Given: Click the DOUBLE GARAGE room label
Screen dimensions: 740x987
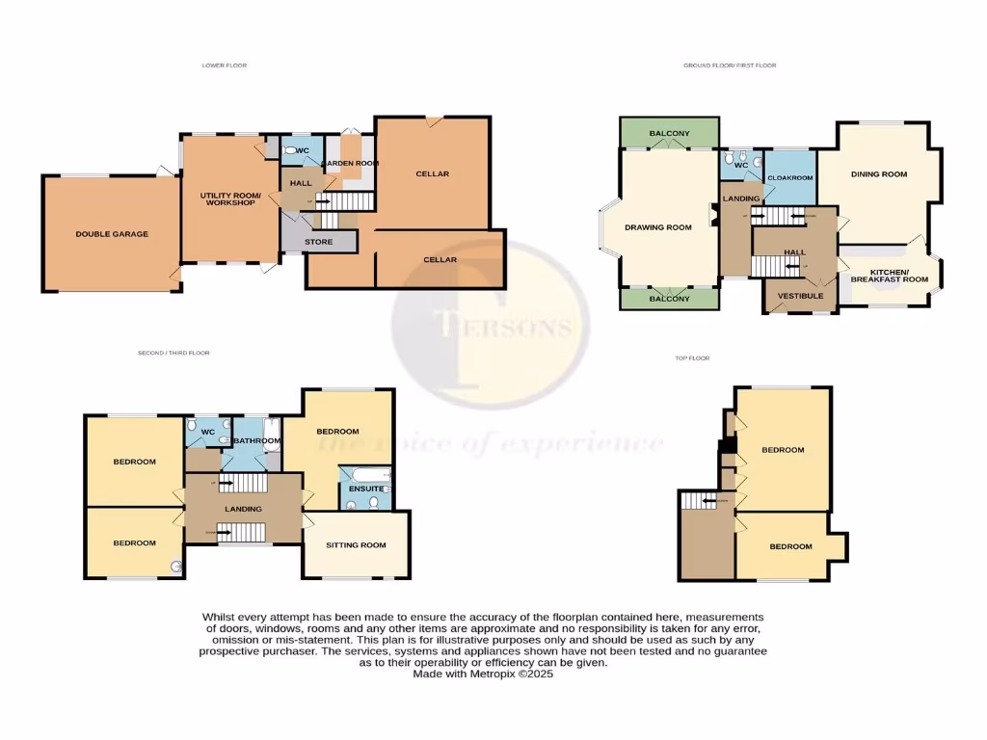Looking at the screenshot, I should click(x=112, y=234).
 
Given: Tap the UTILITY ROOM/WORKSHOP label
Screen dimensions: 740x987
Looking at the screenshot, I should click(x=227, y=199).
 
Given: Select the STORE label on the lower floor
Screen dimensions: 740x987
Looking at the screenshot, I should click(x=318, y=242).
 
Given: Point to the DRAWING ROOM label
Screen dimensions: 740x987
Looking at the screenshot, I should click(x=658, y=227).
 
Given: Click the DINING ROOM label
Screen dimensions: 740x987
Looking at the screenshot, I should click(x=879, y=174).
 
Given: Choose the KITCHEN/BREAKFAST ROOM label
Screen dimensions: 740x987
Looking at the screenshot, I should click(x=899, y=276).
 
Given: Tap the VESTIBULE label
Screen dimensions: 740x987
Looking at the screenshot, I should click(x=800, y=296).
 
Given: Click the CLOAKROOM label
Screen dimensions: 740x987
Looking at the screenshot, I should click(x=789, y=178).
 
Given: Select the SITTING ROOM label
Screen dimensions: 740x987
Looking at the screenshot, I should click(x=356, y=545).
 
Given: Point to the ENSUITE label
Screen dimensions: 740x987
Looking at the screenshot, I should click(x=365, y=489).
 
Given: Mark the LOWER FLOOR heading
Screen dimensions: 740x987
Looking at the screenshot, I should click(x=225, y=66).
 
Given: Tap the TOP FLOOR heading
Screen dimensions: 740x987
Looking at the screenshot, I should click(x=692, y=358).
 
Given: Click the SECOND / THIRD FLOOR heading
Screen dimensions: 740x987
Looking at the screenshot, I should click(x=173, y=354).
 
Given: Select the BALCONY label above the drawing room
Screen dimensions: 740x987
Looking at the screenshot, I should click(x=669, y=133).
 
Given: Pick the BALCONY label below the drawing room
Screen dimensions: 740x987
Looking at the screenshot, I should click(x=669, y=299).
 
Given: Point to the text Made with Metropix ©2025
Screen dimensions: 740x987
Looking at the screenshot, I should click(x=483, y=674).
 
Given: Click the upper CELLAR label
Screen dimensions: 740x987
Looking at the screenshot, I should click(x=433, y=174).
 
